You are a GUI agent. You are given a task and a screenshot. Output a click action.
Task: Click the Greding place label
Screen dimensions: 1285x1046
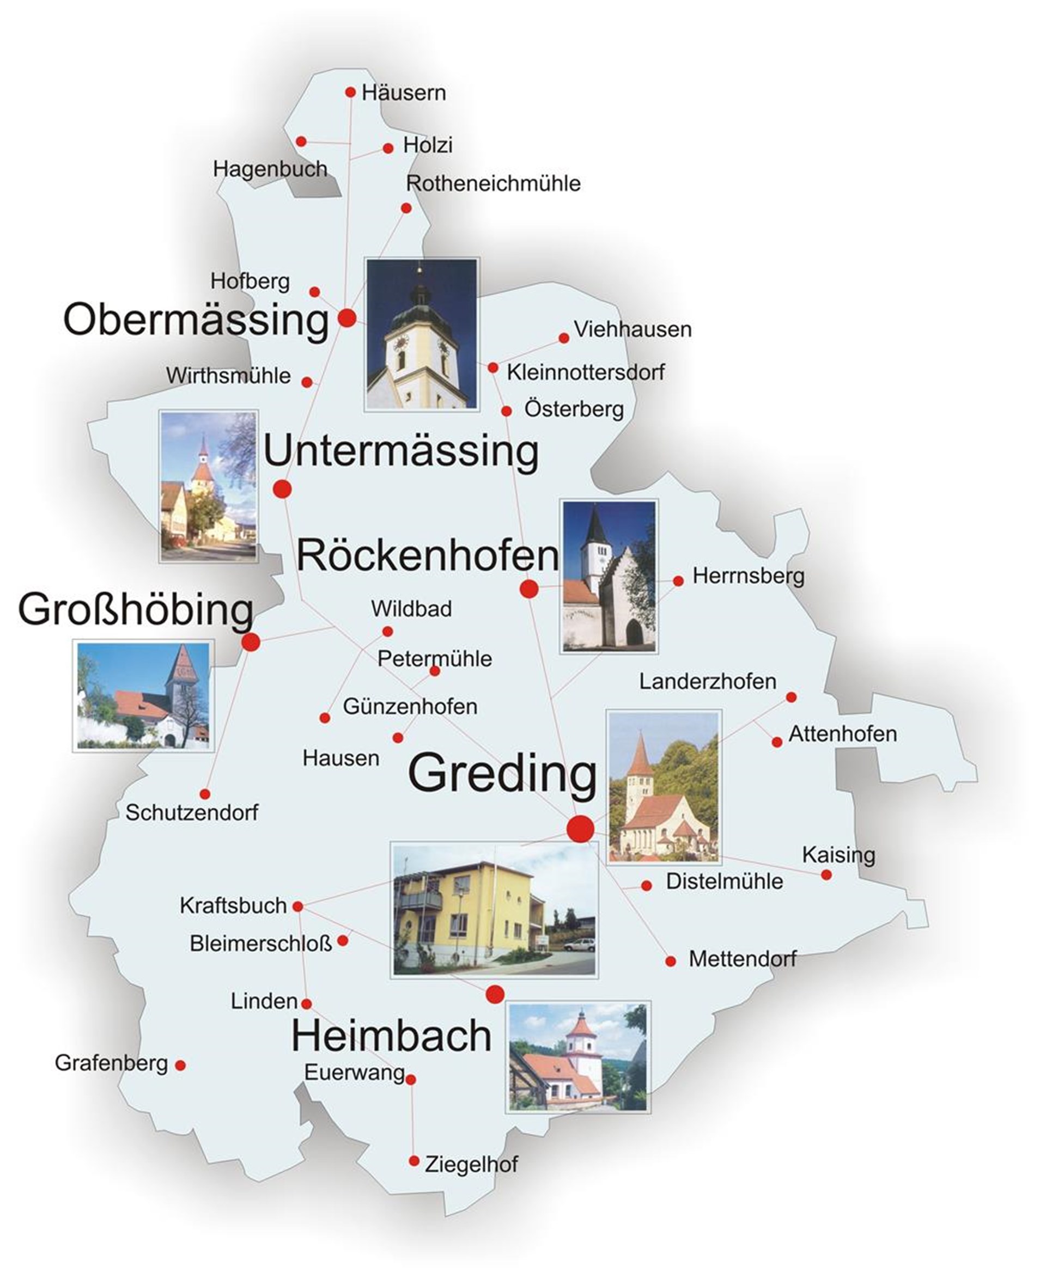[502, 774]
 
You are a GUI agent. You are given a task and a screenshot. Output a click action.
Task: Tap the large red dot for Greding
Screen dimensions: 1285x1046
[580, 829]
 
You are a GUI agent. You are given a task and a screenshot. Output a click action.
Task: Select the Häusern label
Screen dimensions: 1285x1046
[404, 93]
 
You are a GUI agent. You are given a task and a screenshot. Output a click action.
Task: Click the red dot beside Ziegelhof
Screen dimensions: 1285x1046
[414, 1161]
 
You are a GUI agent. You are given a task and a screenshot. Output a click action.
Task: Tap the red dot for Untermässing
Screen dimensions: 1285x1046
[282, 489]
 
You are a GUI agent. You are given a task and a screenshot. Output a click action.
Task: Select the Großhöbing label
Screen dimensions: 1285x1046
[136, 609]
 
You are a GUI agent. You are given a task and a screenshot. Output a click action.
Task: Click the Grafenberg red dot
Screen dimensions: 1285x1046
[180, 1065]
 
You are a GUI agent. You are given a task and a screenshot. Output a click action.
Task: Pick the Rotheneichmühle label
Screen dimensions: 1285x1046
[493, 183]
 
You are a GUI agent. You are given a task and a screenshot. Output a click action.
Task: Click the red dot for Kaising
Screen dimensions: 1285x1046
[826, 874]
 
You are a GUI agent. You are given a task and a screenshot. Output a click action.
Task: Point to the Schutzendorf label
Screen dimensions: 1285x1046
[192, 813]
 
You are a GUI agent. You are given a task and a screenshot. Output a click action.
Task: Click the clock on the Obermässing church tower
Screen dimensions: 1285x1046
[400, 342]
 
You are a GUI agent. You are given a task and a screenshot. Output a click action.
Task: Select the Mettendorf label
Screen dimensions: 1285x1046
[743, 959]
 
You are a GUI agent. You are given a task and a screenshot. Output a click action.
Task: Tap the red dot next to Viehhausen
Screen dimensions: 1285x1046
[564, 338]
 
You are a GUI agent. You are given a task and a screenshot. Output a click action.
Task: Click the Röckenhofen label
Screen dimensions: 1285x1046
[428, 555]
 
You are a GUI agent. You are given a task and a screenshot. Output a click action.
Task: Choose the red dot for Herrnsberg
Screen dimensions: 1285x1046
[678, 580]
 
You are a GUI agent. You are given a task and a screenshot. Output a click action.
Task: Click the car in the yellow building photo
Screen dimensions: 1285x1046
[579, 944]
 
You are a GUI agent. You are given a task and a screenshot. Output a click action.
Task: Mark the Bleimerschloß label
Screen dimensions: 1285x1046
[260, 944]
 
